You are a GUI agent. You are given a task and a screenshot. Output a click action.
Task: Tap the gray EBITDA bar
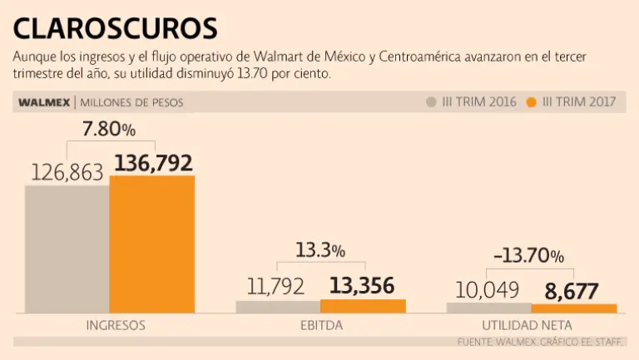(278, 306)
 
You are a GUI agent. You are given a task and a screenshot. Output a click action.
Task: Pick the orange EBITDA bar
(363, 305)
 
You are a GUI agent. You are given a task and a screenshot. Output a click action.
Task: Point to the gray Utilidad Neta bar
(488, 307)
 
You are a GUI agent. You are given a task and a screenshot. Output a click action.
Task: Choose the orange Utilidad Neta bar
(574, 308)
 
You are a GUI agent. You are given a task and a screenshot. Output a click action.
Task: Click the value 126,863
(67, 172)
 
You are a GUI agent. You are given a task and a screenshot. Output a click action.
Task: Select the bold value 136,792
(153, 162)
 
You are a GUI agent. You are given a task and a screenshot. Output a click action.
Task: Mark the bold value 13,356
(362, 286)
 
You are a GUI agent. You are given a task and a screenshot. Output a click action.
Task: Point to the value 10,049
(488, 290)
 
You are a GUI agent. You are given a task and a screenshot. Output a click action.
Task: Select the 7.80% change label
(108, 130)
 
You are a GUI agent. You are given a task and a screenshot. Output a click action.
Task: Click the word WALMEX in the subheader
(42, 103)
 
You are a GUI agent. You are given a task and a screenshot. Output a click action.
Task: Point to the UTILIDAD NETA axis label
(527, 325)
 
